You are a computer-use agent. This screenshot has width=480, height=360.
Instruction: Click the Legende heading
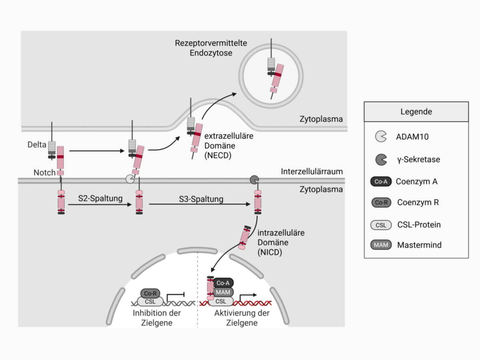coord(416,112)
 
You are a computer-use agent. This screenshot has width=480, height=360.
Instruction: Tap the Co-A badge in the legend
coord(381,181)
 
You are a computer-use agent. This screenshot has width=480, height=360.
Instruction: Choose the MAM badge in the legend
coord(381,244)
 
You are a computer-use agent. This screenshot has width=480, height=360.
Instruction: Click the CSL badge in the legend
coord(381,225)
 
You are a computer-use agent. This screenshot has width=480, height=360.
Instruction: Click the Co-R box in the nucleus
coord(150,293)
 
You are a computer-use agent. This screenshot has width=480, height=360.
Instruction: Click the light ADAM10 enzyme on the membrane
coord(130,179)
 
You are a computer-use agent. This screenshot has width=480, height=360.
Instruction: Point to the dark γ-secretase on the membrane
coord(254,179)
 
